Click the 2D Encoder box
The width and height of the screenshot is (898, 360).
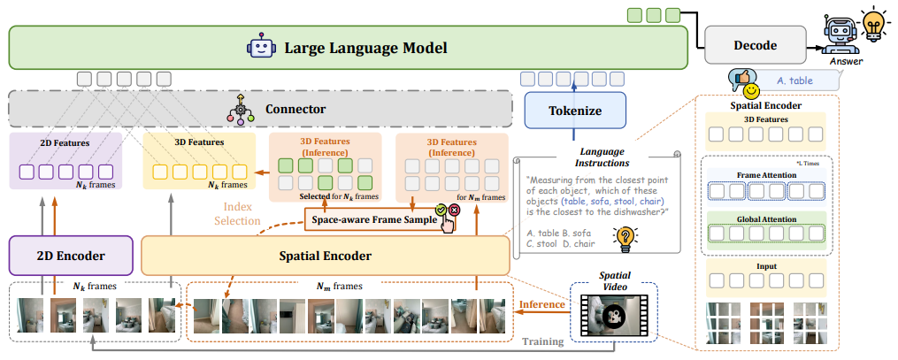coord(70,256)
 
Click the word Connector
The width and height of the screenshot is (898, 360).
coord(295,110)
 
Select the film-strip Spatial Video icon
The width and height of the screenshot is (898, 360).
coord(613,310)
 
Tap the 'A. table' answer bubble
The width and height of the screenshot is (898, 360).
coord(794,80)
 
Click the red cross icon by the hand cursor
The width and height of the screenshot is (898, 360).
coord(454,211)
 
